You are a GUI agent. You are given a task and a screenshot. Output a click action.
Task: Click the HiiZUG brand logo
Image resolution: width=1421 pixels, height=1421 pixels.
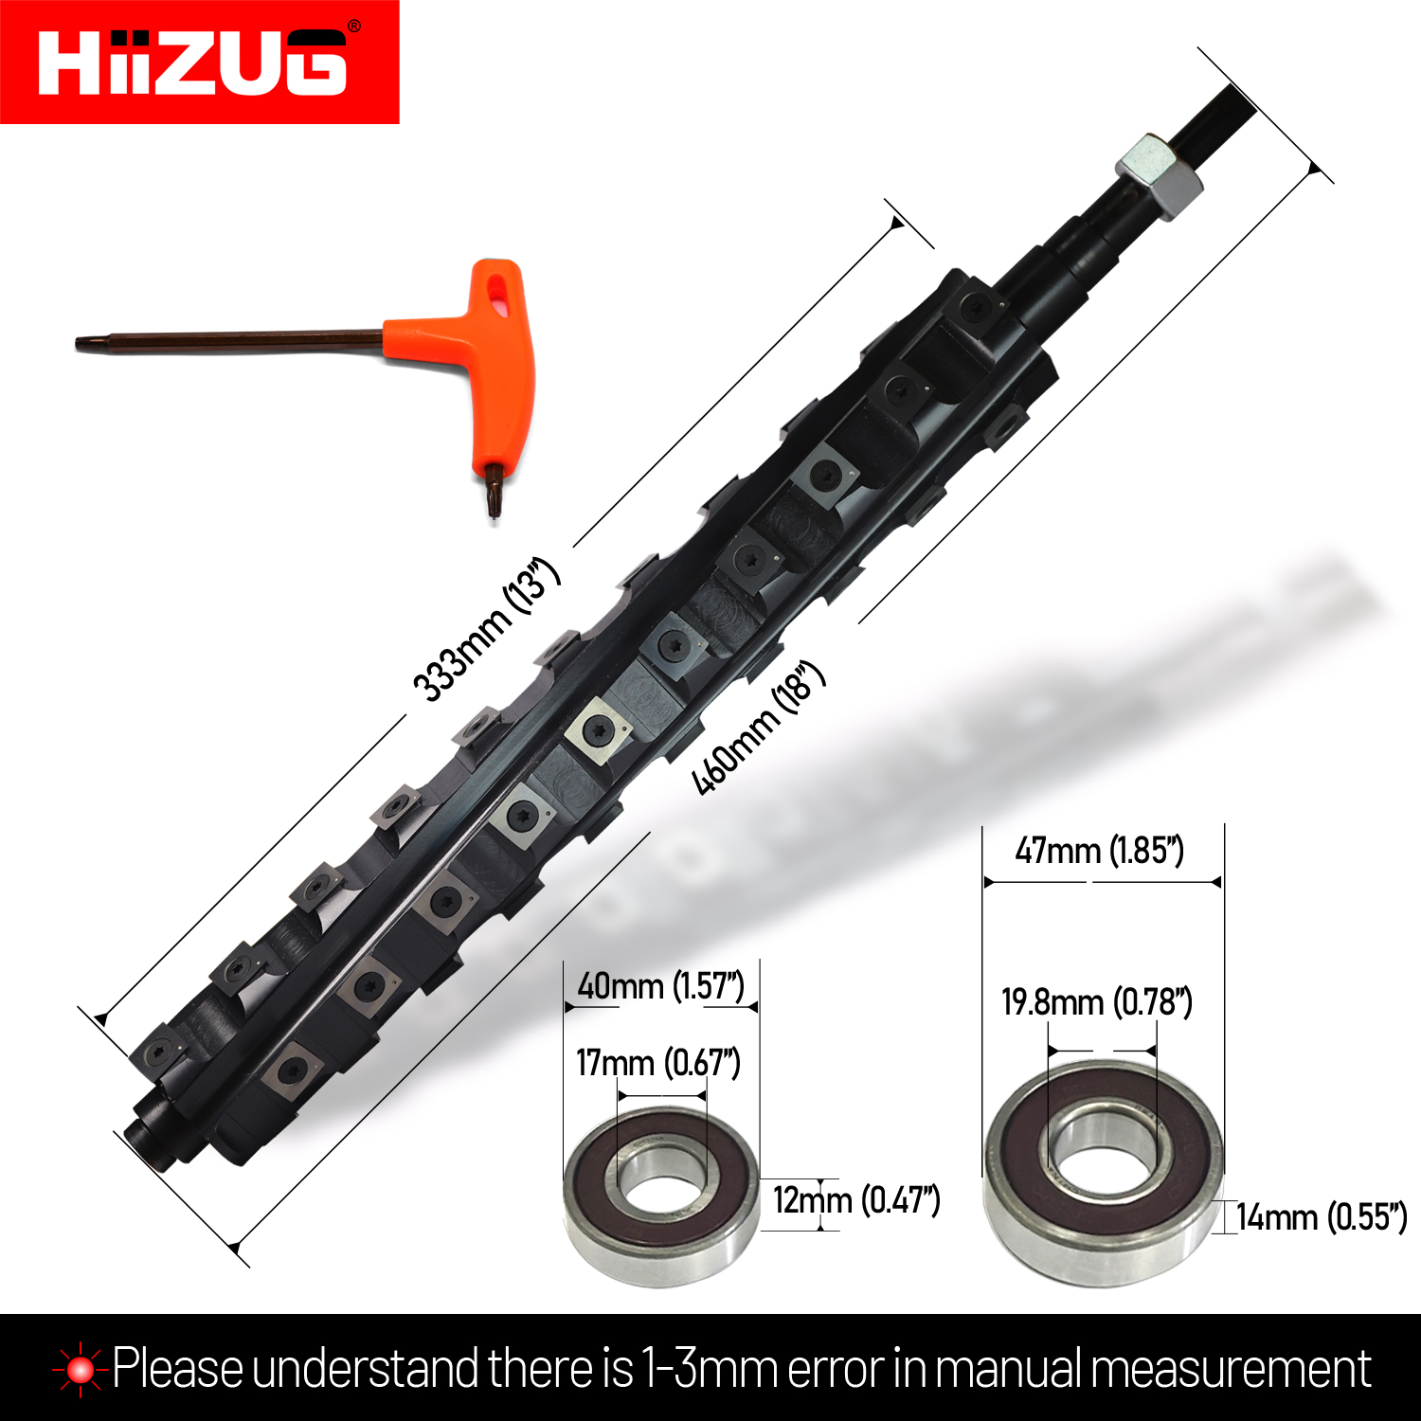tap(193, 62)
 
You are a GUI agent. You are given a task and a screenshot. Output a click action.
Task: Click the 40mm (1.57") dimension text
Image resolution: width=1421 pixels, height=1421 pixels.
tap(660, 986)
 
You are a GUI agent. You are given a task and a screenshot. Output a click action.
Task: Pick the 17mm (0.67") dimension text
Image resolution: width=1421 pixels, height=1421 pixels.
tap(658, 1063)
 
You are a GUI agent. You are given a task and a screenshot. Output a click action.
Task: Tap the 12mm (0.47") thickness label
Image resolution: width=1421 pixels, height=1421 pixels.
tap(856, 1200)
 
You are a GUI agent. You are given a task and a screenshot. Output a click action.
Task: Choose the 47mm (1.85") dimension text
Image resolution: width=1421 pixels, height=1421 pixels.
tap(1099, 850)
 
